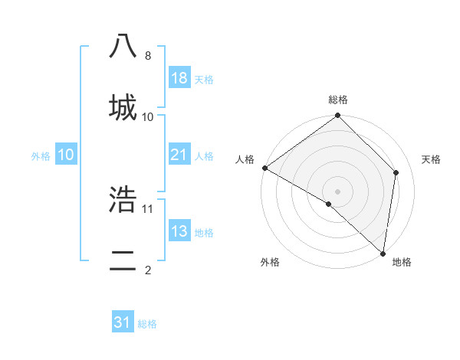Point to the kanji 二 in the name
123,259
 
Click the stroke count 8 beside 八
147,56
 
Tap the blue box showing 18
179,78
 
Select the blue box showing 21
179,155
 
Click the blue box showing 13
179,231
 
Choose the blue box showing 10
66,155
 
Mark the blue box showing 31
123,323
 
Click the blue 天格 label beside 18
204,79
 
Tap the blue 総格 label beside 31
147,324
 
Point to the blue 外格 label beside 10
41,155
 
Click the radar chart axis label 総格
338,100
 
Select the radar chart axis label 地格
402,262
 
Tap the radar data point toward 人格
264,168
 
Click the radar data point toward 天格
396,172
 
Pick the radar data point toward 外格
329,204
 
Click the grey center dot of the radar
338,191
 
